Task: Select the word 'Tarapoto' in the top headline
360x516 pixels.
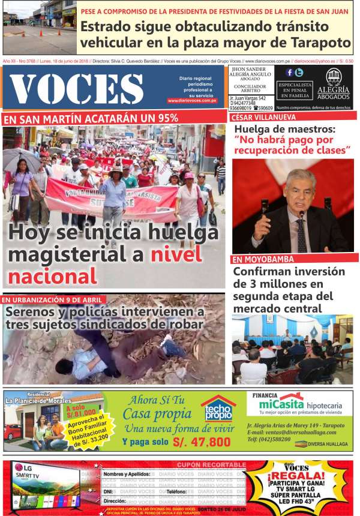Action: [320, 43]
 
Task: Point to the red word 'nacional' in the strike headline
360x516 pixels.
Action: [52, 276]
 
